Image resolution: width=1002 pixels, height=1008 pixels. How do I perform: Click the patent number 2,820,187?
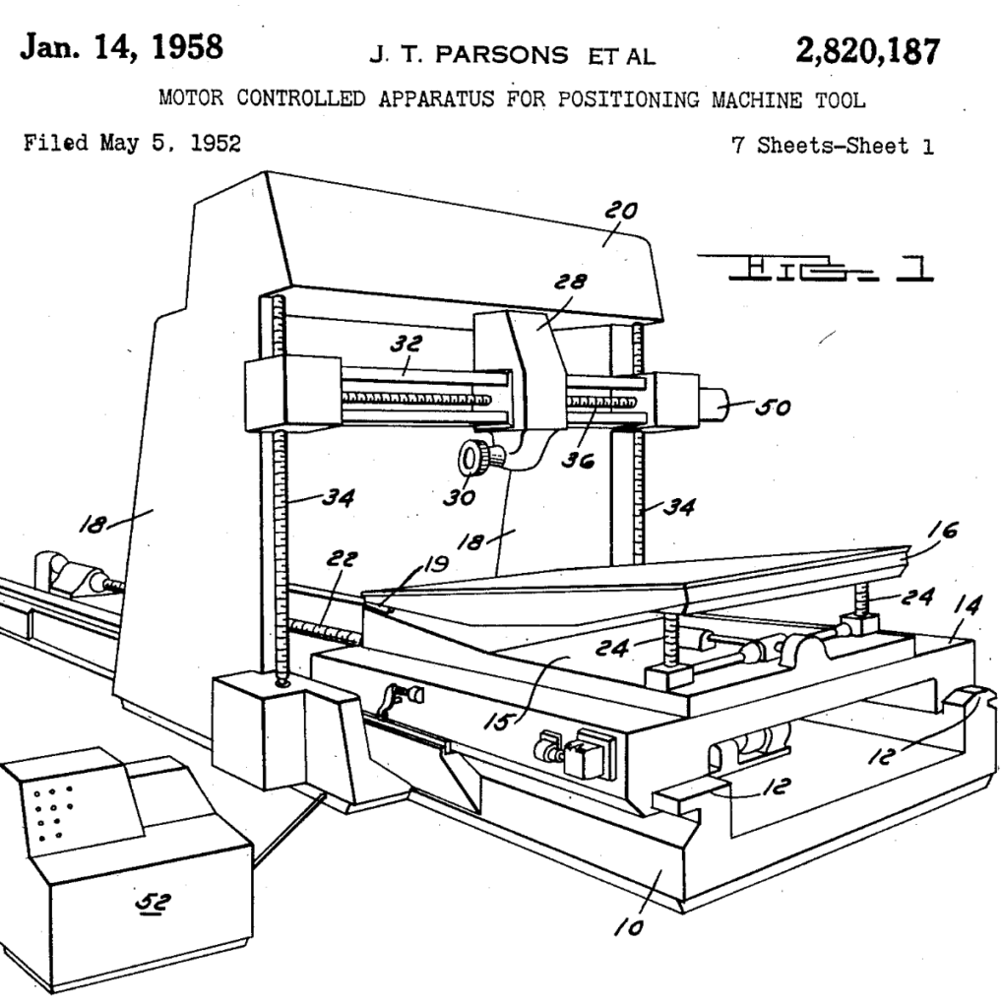click(868, 51)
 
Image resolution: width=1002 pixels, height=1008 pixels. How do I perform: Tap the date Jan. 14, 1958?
click(121, 47)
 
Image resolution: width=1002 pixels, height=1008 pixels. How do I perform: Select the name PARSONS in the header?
click(501, 55)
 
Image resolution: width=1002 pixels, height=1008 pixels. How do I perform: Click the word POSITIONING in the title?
click(628, 99)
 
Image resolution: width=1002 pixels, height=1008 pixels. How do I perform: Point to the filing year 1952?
click(216, 143)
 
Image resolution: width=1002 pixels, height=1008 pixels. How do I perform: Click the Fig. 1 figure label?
click(815, 268)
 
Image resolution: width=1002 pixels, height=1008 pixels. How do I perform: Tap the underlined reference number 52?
click(153, 904)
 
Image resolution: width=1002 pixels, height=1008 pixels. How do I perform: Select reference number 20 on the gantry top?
click(621, 211)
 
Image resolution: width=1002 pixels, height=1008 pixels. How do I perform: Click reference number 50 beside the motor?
click(773, 407)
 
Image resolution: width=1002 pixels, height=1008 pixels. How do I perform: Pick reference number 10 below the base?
click(628, 926)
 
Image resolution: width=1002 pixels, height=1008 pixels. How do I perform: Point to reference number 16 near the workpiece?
click(942, 530)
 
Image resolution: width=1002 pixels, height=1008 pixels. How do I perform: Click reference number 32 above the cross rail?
click(407, 344)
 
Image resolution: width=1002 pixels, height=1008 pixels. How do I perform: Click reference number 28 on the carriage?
click(570, 282)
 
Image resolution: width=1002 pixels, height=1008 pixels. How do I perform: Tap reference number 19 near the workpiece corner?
click(436, 564)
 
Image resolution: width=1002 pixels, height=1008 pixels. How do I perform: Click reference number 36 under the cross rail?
click(577, 459)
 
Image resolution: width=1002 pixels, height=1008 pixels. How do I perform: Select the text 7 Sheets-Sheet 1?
click(833, 146)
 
